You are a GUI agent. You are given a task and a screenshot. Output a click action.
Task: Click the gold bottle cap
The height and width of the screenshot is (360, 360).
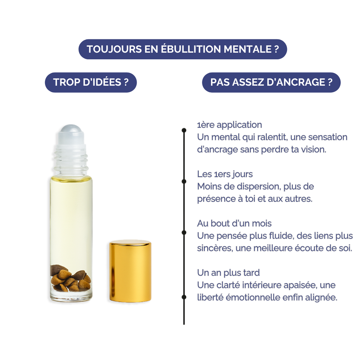130,271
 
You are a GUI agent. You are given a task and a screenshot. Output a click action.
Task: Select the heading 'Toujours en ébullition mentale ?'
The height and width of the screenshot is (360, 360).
183,49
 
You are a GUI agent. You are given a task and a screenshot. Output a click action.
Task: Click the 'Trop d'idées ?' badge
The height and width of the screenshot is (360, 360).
91,82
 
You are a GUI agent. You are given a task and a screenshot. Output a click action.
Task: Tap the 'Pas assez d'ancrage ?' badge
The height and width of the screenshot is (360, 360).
271,82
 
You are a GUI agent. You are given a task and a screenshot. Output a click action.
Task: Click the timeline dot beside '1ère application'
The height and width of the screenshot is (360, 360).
184,130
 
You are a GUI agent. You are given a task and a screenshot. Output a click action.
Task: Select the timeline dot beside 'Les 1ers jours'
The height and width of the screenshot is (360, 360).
184,181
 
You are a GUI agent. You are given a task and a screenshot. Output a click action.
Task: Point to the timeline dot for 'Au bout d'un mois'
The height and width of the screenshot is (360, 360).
184,233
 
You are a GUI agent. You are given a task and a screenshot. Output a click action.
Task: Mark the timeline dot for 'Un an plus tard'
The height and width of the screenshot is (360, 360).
184,297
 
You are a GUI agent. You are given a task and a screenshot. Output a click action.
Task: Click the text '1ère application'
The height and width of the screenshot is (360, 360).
229,125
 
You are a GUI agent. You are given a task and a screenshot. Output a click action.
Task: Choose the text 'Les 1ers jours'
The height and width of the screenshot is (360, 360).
225,174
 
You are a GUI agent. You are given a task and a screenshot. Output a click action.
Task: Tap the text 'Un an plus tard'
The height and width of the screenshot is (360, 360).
228,273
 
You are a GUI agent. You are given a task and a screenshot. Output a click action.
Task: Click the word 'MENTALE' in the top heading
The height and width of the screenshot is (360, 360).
247,49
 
